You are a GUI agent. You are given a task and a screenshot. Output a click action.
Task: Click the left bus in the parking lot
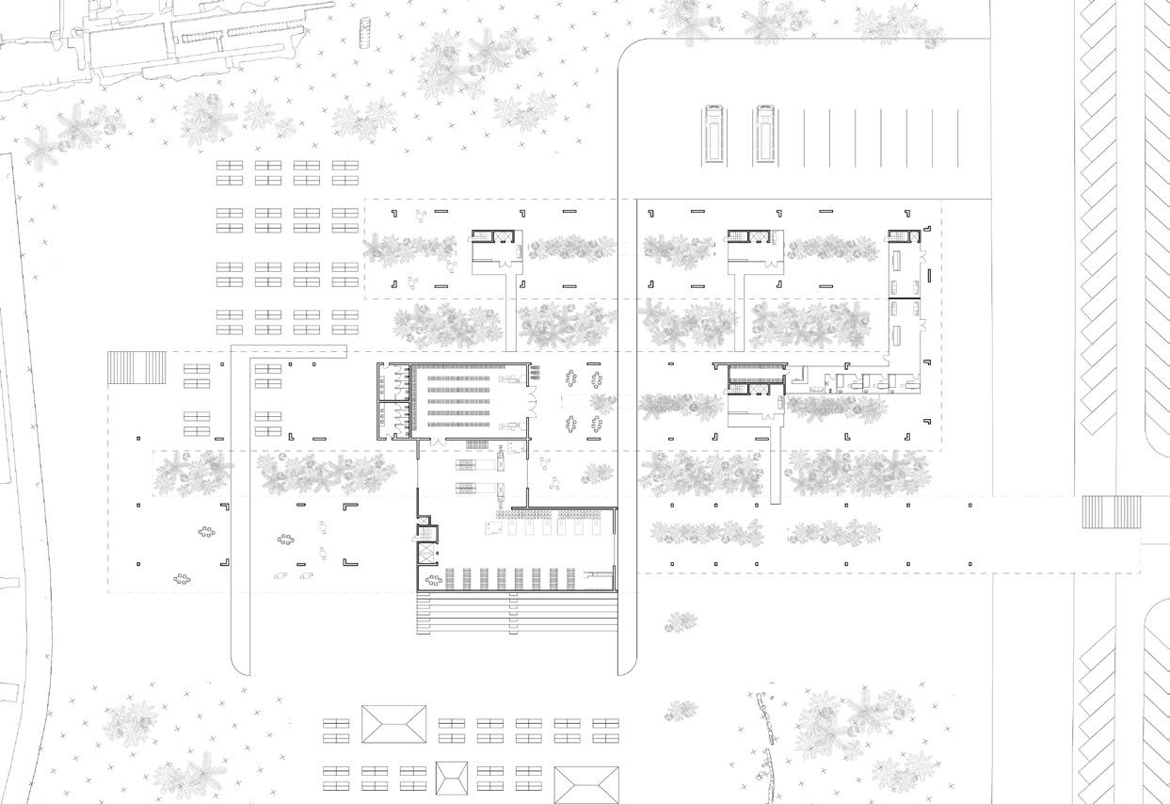[x=713, y=136]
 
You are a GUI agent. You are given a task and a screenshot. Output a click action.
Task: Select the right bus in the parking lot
[x=764, y=136]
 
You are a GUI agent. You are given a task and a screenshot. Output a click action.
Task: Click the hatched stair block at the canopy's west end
[x=123, y=367]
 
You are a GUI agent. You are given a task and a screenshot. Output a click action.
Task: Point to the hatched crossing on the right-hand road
[x=1098, y=512]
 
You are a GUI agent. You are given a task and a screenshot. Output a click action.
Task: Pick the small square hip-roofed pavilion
[x=452, y=778]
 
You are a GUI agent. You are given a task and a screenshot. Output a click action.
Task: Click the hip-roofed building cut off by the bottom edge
[x=586, y=785]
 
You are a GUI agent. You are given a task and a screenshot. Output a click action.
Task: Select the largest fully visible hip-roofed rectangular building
[x=393, y=726]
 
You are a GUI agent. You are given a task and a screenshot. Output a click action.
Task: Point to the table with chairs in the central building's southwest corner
[x=434, y=580]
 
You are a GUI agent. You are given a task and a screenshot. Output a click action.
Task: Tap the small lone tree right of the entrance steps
[x=681, y=621]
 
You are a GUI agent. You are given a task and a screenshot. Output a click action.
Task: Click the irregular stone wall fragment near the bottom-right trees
[x=765, y=744]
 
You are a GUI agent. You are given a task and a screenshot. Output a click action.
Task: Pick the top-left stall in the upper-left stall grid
[x=230, y=166]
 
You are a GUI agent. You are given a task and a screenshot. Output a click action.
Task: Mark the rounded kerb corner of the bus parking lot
[x=629, y=51]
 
